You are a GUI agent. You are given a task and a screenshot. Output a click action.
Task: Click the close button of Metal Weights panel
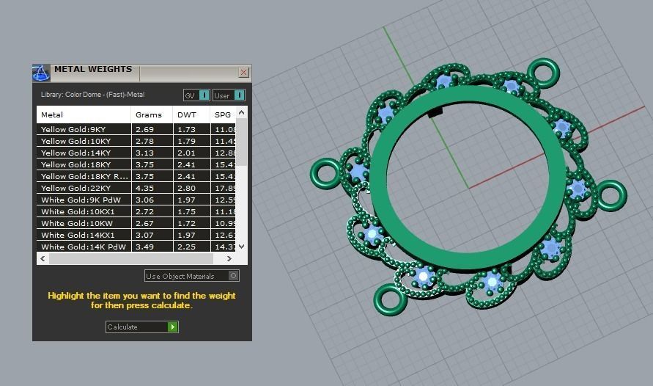coord(243,73)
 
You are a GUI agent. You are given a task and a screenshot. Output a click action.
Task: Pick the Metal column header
coord(53,114)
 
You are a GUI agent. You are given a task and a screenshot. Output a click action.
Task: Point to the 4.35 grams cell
coord(145,188)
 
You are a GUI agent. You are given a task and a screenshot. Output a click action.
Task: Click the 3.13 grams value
coord(145,153)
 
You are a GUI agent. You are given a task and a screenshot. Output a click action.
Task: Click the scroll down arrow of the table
coord(243,247)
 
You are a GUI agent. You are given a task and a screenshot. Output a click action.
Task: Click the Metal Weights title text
coord(93,70)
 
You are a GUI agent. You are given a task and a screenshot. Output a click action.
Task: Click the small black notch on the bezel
coord(435,112)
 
